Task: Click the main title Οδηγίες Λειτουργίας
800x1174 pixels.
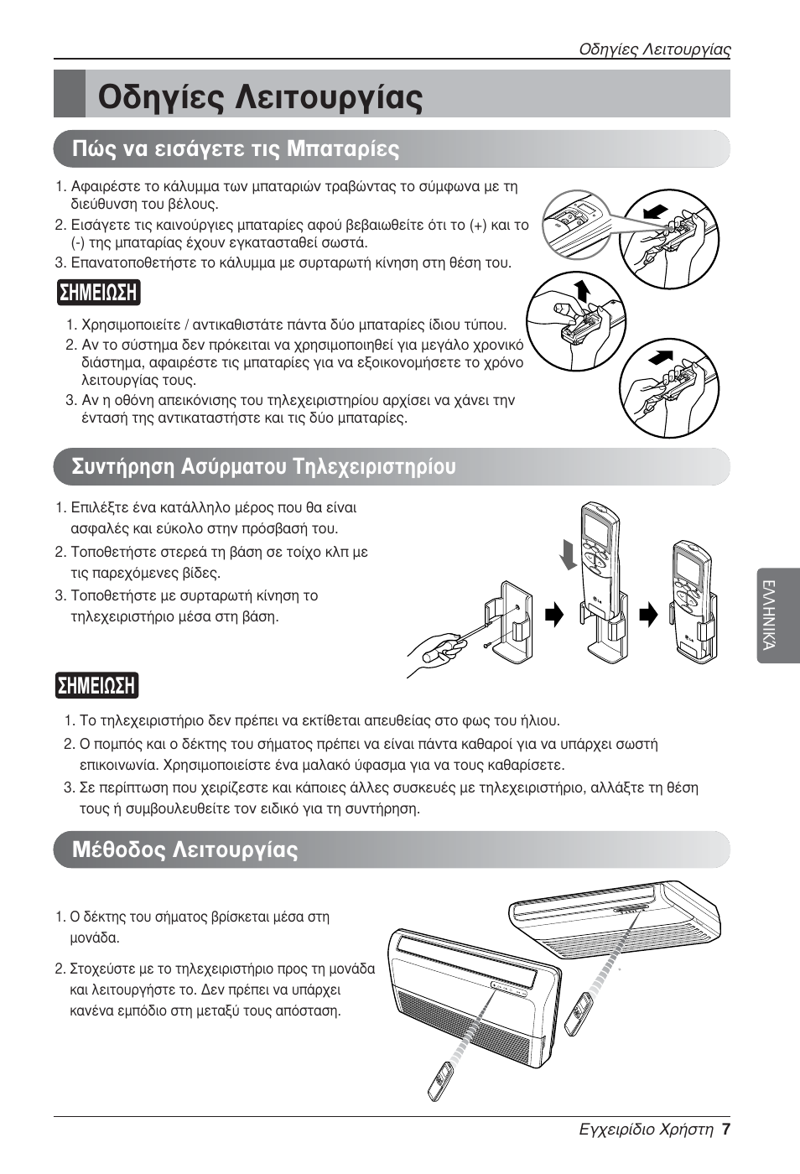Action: click(260, 95)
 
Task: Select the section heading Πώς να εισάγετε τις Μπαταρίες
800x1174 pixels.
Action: click(236, 149)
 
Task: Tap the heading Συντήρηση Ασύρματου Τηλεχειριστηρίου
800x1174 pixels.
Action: click(264, 466)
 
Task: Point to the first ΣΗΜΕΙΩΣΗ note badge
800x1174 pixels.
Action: click(98, 293)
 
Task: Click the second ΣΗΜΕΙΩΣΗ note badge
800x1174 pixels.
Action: click(97, 685)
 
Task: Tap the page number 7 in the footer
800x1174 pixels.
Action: click(726, 1129)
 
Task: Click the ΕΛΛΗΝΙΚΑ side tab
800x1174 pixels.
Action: click(777, 616)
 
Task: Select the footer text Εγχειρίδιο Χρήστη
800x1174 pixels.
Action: click(646, 1129)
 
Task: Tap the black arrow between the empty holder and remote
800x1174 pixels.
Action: click(554, 616)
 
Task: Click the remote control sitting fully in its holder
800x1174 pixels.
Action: click(694, 600)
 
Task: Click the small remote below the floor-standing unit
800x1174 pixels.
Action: click(443, 1081)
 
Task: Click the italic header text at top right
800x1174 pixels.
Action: click(655, 49)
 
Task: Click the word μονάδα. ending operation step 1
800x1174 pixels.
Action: click(95, 938)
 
